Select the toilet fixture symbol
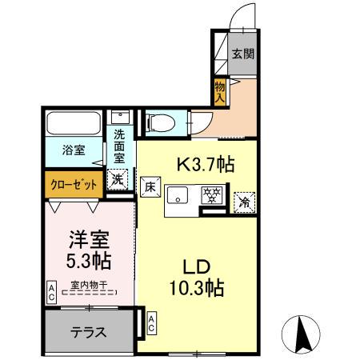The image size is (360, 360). coord(158,122)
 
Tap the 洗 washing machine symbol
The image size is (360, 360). coord(118,181)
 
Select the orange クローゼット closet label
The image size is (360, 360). coord(73,184)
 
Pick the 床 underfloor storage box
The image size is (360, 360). coord(149,189)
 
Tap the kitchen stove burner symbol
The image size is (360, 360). coord(212,195)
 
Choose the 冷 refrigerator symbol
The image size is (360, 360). coord(242,202)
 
